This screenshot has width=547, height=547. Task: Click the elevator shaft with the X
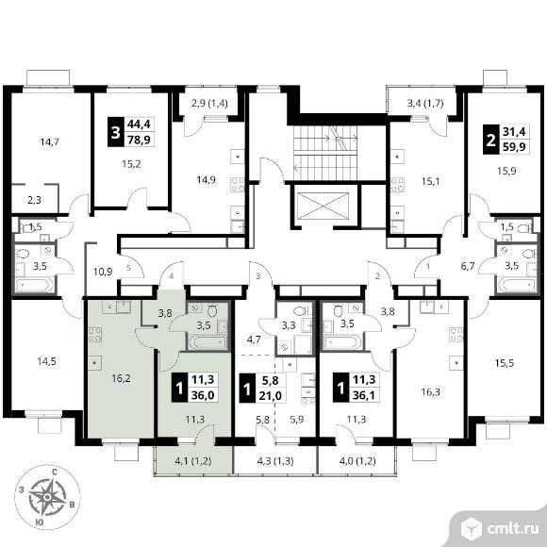coord(323,206)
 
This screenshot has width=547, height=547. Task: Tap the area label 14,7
coord(50,142)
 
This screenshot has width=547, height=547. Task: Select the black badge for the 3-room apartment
coord(115,132)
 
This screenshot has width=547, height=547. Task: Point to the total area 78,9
coord(139,140)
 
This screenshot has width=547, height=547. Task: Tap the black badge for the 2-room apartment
coord(490,140)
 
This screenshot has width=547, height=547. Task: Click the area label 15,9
coord(506,171)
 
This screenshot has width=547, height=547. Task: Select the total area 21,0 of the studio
coord(271,395)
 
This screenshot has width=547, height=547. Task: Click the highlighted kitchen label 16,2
coord(121,378)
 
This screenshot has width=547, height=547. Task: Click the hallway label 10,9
coord(103,272)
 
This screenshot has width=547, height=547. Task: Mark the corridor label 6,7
coord(468,266)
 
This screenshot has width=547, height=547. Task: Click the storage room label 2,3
coord(34,200)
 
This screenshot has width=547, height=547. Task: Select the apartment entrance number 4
coord(172,276)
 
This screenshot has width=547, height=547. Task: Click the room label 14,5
coord(47,361)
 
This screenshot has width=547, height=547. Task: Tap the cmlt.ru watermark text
coord(512,529)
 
